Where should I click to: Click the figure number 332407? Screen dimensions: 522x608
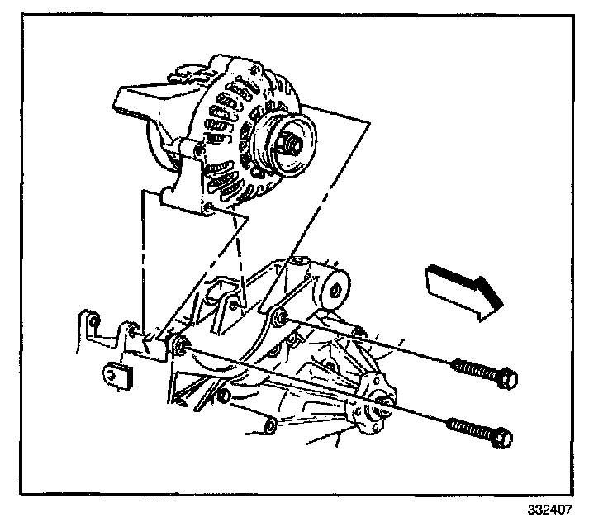coord(546,509)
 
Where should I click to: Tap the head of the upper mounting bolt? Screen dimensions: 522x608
coord(507,379)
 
